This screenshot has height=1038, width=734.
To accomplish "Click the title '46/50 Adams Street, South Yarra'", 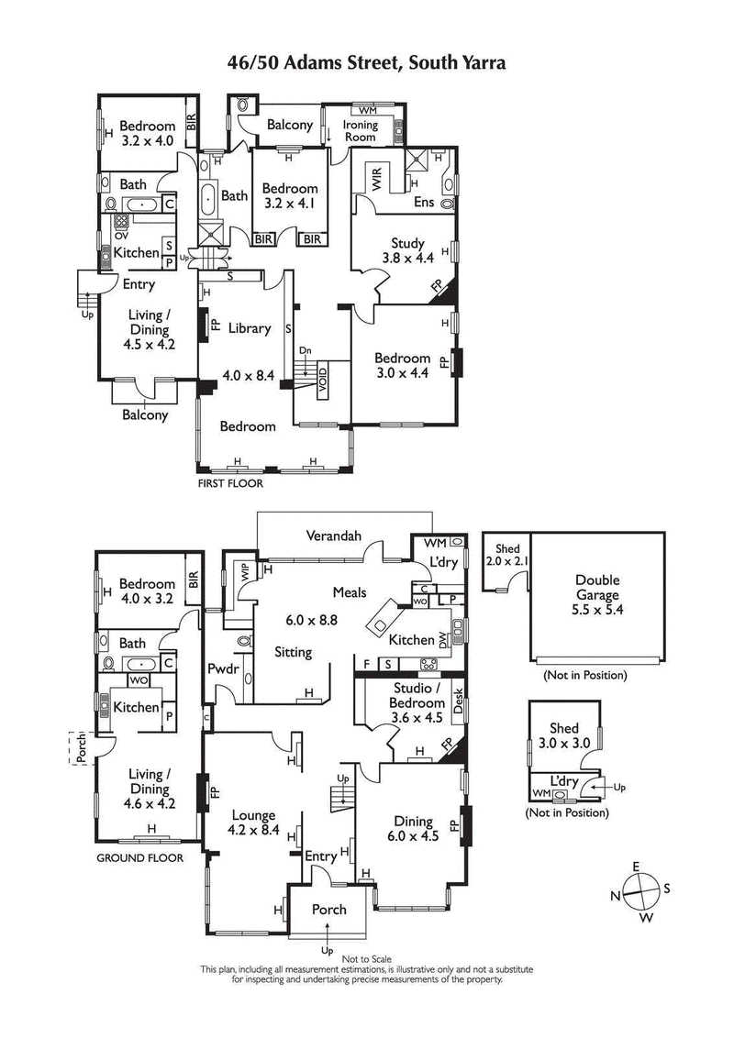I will pos(367,62).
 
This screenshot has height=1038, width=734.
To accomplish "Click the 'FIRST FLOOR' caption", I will pos(230,483).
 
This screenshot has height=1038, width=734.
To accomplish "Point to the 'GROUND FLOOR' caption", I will pos(139,858).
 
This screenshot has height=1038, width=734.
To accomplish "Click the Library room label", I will pos(249,328).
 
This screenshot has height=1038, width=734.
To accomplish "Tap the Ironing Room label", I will pos(360,130).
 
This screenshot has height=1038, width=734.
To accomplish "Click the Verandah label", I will pos(333,536).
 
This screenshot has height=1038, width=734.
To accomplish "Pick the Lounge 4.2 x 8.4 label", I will pos(254,821).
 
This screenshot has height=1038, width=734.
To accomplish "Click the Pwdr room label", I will pos(223,669).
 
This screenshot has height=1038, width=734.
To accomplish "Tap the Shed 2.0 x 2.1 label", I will pos(500,554).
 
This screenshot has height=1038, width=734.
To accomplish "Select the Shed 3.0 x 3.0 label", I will pos(563,735).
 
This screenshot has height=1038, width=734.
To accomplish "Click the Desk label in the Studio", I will pos(459,701).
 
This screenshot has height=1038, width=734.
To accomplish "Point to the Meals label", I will pos(350,592).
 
